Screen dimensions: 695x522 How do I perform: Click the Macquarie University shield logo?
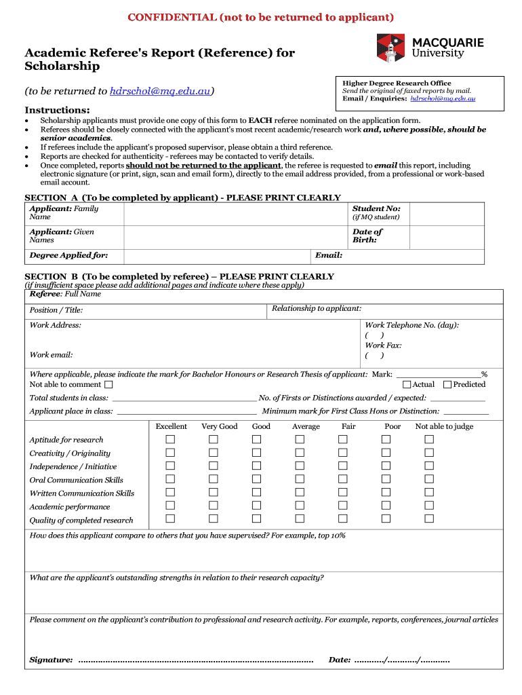389,49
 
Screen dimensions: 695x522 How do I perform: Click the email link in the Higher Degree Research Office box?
443,99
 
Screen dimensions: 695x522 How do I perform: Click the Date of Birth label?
367,236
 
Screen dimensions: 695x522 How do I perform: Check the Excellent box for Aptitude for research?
171,439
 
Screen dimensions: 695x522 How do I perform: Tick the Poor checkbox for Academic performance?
386,506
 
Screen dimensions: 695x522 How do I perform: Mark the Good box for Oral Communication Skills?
257,479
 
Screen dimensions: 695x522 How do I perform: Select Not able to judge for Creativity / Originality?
429,453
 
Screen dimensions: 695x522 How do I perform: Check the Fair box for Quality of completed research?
343,519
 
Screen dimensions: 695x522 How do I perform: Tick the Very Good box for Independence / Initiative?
214,466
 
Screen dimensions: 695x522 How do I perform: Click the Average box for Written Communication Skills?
300,492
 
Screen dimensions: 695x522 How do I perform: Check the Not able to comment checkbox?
109,385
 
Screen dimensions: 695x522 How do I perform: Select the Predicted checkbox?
447,385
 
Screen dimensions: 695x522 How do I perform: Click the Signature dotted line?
196,660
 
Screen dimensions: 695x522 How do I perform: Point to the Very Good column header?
219,426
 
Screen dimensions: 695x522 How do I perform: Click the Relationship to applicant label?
316,309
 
